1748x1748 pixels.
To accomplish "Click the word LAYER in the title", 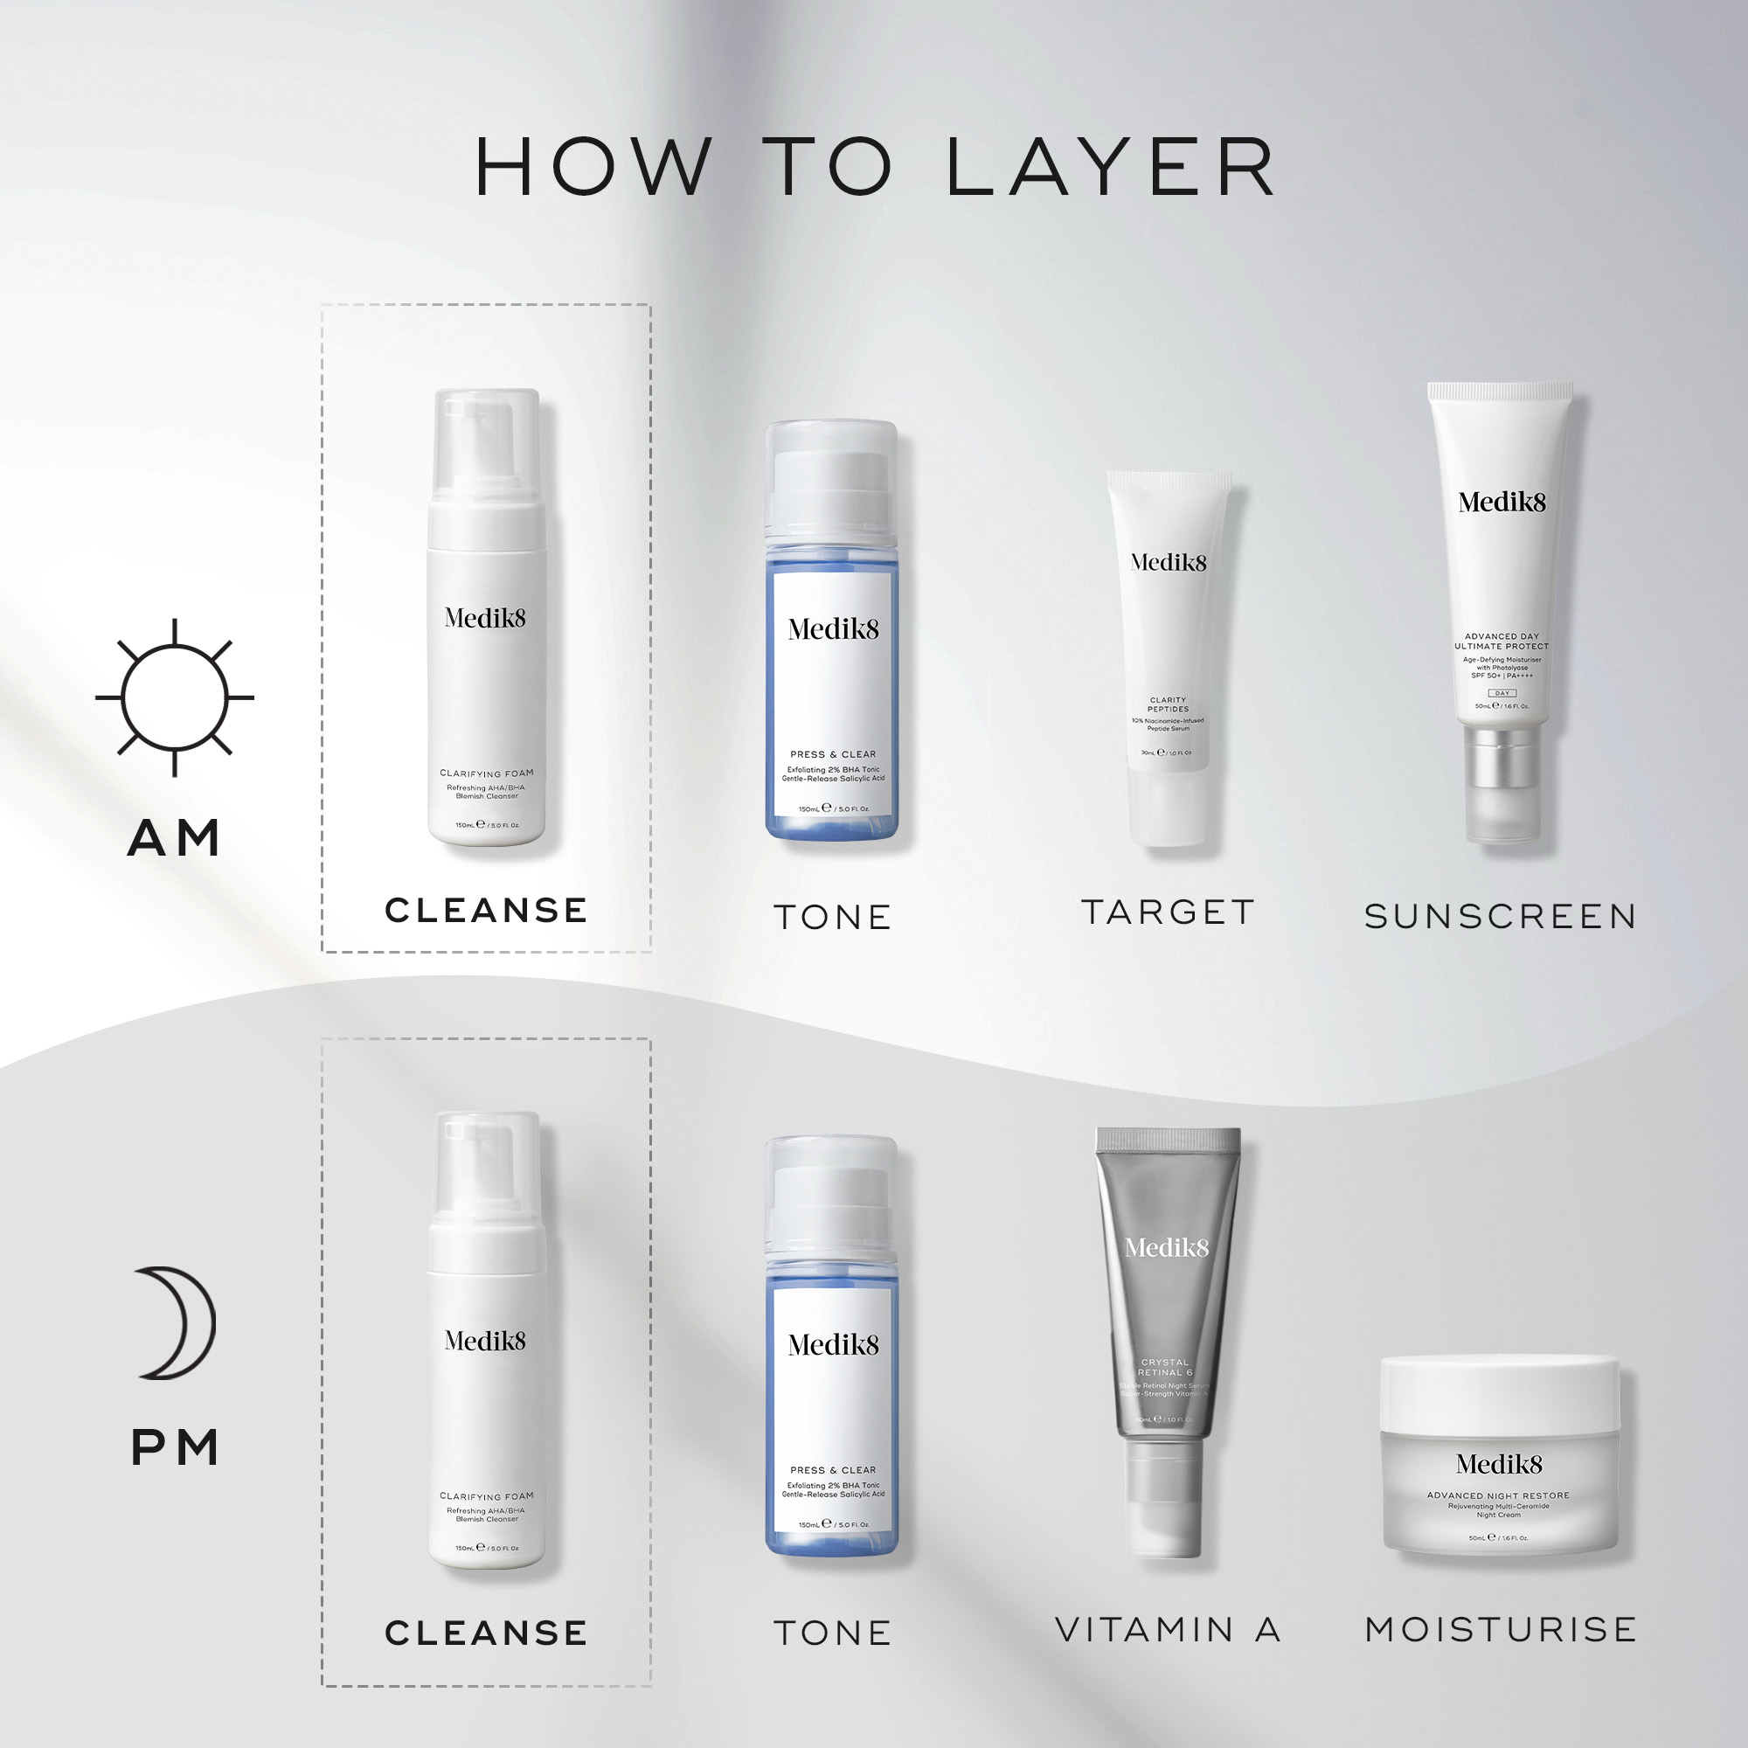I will [x=1111, y=168].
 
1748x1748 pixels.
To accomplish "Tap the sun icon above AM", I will [x=175, y=697].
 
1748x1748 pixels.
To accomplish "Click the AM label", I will [x=174, y=838].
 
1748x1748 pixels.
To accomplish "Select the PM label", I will [x=176, y=1447].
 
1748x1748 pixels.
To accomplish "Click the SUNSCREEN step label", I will [x=1501, y=917].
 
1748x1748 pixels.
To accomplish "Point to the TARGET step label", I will [x=1168, y=912].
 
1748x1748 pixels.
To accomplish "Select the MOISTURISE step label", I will [x=1501, y=1629].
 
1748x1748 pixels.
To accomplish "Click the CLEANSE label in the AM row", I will [x=486, y=910].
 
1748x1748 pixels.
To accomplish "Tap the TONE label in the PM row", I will [x=832, y=1634].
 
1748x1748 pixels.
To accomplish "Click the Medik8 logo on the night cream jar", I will [x=1499, y=1464].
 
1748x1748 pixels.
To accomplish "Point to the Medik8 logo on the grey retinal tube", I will [x=1166, y=1249].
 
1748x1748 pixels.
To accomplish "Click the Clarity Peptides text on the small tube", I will [x=1168, y=704].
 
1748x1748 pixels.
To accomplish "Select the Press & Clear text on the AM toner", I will [x=832, y=753].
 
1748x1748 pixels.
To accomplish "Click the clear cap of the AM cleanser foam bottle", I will [x=486, y=443].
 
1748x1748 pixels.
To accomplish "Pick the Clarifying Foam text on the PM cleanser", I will [x=486, y=1495].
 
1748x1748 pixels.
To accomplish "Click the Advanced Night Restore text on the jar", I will [x=1498, y=1495].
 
